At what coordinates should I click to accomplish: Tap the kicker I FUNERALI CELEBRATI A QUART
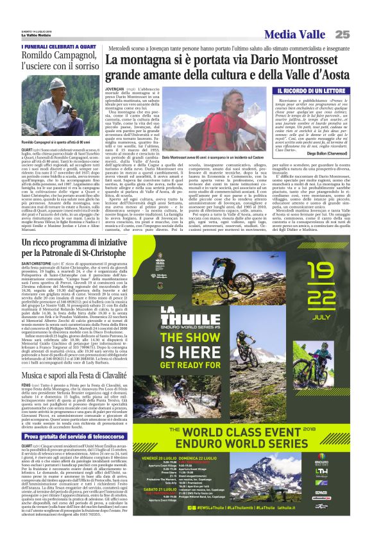tap(51, 47)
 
